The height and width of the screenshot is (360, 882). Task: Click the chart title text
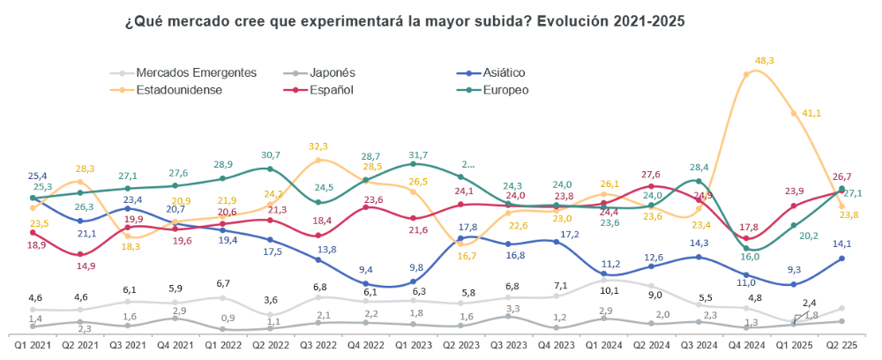tap(405, 20)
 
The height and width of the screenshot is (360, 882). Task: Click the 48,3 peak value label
tap(765, 60)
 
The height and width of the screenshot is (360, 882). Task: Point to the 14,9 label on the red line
tap(85, 266)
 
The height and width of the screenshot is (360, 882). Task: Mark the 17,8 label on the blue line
tap(468, 227)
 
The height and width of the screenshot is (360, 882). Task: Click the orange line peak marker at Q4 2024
tap(747, 74)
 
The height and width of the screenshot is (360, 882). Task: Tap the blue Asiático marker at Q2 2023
tap(460, 237)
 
